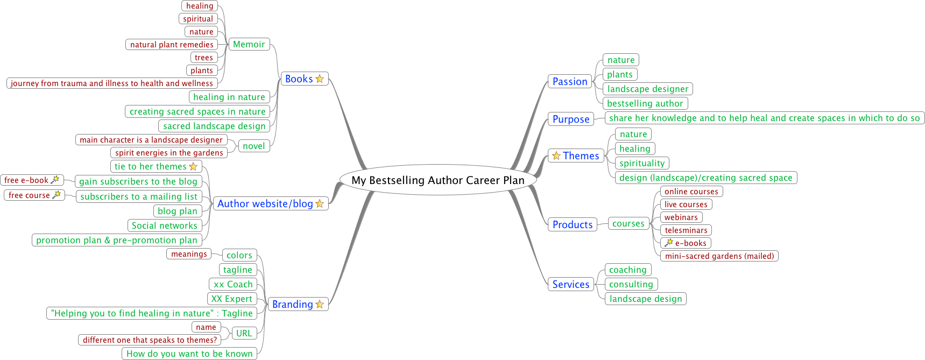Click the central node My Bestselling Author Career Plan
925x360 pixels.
[x=438, y=180]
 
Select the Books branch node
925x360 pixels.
[x=299, y=79]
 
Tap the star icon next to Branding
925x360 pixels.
[x=320, y=305]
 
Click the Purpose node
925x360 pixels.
[x=571, y=119]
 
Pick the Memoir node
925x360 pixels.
[x=249, y=45]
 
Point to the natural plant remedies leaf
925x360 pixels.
[x=172, y=45]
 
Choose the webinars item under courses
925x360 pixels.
[x=681, y=217]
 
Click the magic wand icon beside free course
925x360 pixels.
[x=57, y=195]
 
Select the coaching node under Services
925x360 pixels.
[x=627, y=270]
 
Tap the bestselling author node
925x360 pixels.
[x=645, y=103]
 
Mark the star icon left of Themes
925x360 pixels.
[x=556, y=156]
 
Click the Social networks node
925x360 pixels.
[x=164, y=226]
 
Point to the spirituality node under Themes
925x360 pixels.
[x=642, y=163]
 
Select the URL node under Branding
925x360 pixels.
[x=244, y=333]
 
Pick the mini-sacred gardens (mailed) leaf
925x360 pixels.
[x=719, y=256]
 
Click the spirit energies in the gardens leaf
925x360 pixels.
[x=169, y=153]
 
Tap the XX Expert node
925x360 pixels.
[x=231, y=299]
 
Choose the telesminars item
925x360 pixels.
[x=686, y=230]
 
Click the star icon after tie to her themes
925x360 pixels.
[x=193, y=167]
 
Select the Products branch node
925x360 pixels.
[x=572, y=224]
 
